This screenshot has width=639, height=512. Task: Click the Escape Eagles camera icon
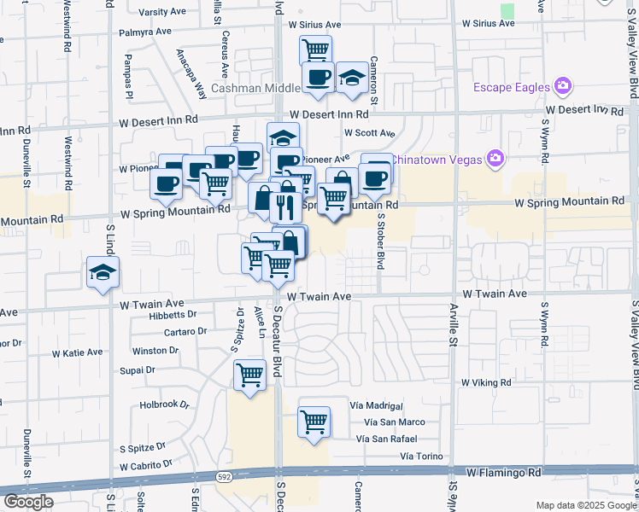click(x=562, y=86)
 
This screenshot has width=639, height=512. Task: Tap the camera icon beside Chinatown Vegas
click(x=495, y=157)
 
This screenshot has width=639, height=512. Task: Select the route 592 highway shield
click(x=198, y=476)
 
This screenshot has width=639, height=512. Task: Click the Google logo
click(x=28, y=502)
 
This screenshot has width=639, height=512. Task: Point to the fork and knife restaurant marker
click(x=283, y=205)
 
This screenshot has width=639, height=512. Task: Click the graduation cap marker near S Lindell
click(x=103, y=273)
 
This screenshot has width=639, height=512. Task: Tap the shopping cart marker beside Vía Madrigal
click(x=314, y=422)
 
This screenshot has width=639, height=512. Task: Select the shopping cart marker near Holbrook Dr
click(x=249, y=375)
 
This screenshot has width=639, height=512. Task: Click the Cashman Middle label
click(x=255, y=88)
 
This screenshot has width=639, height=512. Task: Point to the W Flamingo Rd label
click(x=504, y=472)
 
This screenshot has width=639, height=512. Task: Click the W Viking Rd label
click(x=485, y=383)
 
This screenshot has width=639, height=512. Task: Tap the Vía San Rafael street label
click(x=390, y=439)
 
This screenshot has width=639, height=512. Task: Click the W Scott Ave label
click(x=369, y=133)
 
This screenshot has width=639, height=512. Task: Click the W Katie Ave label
click(x=77, y=352)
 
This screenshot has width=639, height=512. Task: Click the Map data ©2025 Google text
click(x=585, y=505)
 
